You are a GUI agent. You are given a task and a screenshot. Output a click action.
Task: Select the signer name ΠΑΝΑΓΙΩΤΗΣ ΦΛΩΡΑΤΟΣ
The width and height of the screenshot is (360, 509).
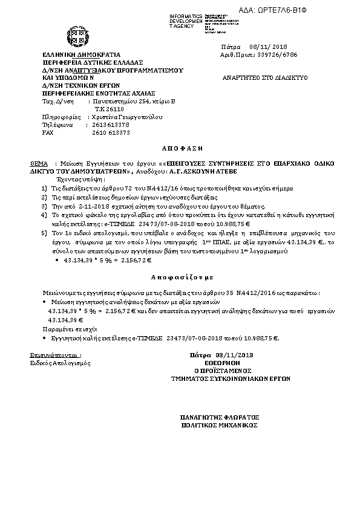click(x=220, y=417)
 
